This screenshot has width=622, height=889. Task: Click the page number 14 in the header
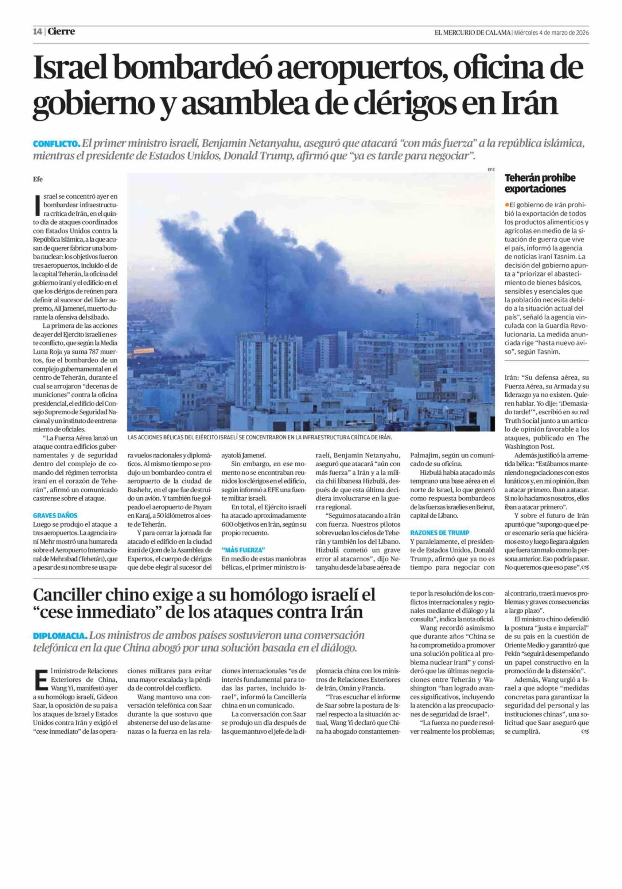click(x=38, y=32)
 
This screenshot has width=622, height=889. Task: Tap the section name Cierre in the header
click(x=61, y=32)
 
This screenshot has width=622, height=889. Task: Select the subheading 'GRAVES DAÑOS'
click(x=55, y=515)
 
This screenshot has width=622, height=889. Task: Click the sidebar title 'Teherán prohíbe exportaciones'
click(x=540, y=183)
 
